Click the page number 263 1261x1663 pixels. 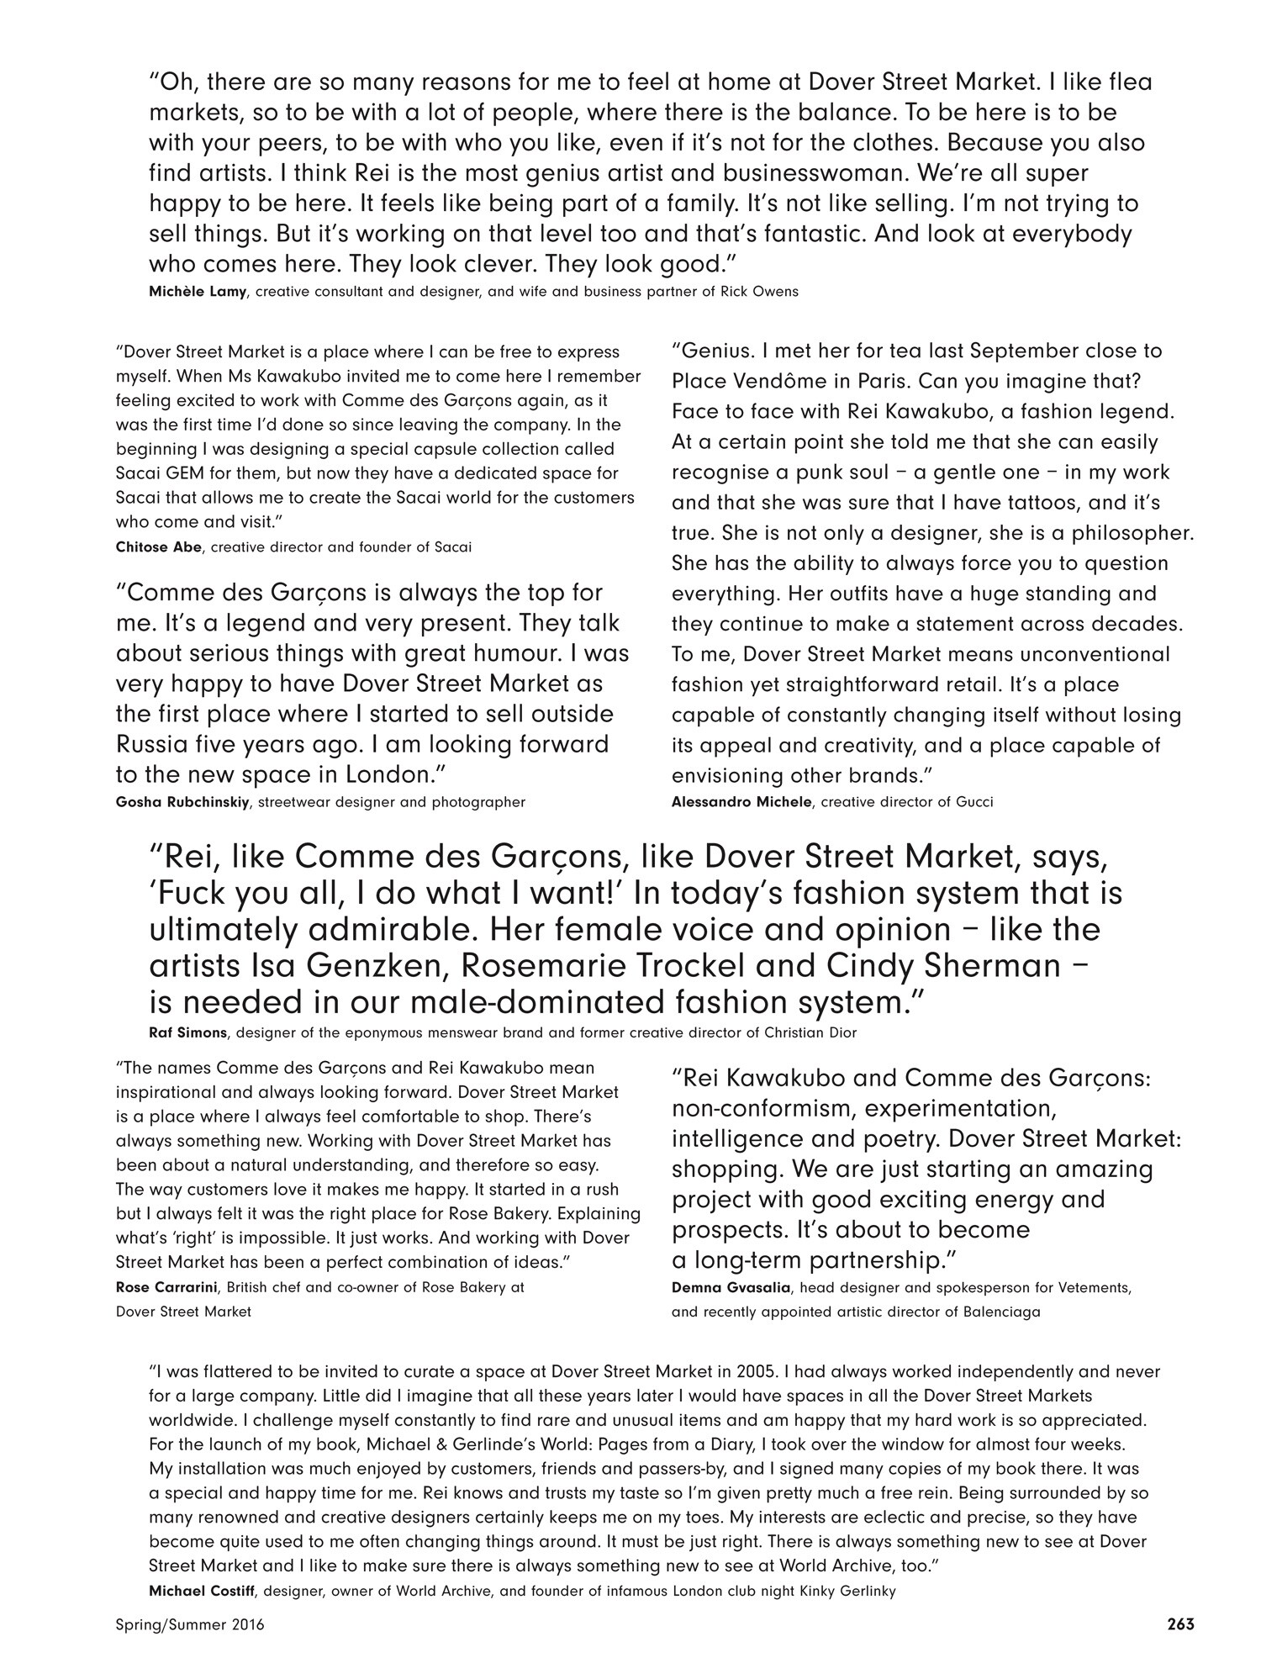[1180, 1624]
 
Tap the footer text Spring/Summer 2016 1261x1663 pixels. [190, 1625]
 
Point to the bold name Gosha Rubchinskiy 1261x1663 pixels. [182, 802]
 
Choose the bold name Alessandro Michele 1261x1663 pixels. [741, 802]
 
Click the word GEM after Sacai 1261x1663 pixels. [181, 473]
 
